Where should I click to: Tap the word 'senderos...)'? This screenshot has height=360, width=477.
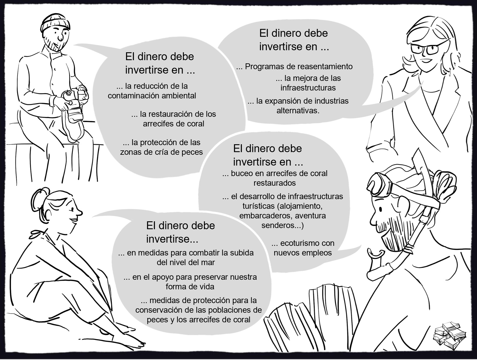282,225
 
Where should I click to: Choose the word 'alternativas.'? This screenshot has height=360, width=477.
298,111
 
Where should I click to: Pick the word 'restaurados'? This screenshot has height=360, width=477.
275,183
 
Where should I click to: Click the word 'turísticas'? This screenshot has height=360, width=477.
258,206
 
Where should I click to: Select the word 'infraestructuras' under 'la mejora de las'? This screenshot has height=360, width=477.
308,88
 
